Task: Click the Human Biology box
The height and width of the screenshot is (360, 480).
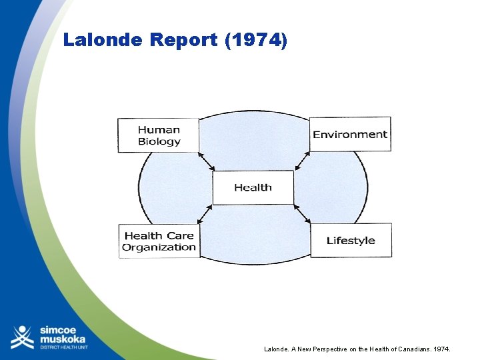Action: point(159,135)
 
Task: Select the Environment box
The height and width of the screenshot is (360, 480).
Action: point(350,134)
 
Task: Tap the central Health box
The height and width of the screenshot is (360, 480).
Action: point(253,187)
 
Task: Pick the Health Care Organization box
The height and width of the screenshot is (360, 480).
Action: point(159,241)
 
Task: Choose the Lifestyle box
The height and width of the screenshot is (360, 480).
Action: point(351,241)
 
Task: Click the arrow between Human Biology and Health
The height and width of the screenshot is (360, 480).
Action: point(206,161)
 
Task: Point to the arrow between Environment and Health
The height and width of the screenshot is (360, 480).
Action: point(301,161)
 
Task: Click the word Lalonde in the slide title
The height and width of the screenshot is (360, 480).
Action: point(103,40)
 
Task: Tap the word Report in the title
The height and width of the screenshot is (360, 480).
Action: point(184,40)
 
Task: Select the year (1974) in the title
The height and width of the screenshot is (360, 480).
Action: point(257,40)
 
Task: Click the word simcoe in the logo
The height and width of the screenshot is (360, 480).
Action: point(59,330)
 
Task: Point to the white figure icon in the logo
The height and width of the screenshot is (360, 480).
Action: point(22,337)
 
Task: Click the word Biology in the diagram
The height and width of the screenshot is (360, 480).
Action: point(159,141)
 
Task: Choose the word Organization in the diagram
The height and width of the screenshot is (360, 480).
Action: point(159,247)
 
